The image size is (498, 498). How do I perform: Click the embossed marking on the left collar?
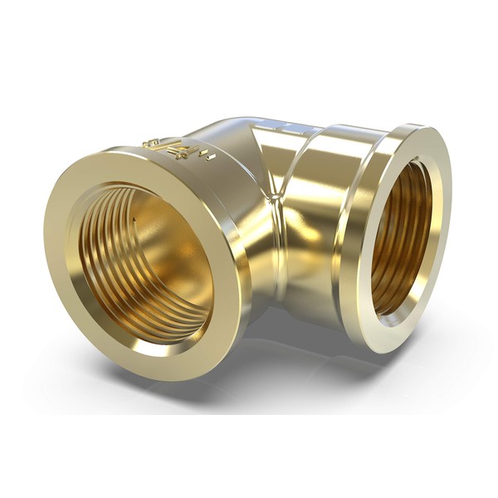tap(178, 149)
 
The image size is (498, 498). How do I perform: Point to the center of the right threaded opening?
tap(402, 237)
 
